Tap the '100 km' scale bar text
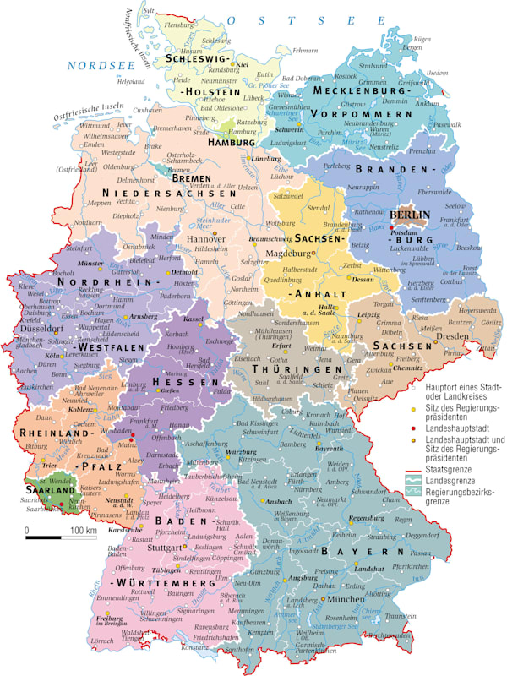(83, 530)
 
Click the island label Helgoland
(131, 82)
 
